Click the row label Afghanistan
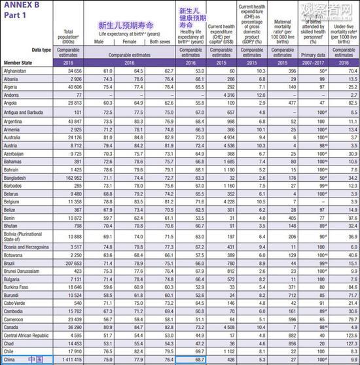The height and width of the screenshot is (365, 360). [16, 70]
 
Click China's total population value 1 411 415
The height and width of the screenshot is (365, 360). [71, 360]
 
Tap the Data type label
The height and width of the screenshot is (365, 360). [41, 49]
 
